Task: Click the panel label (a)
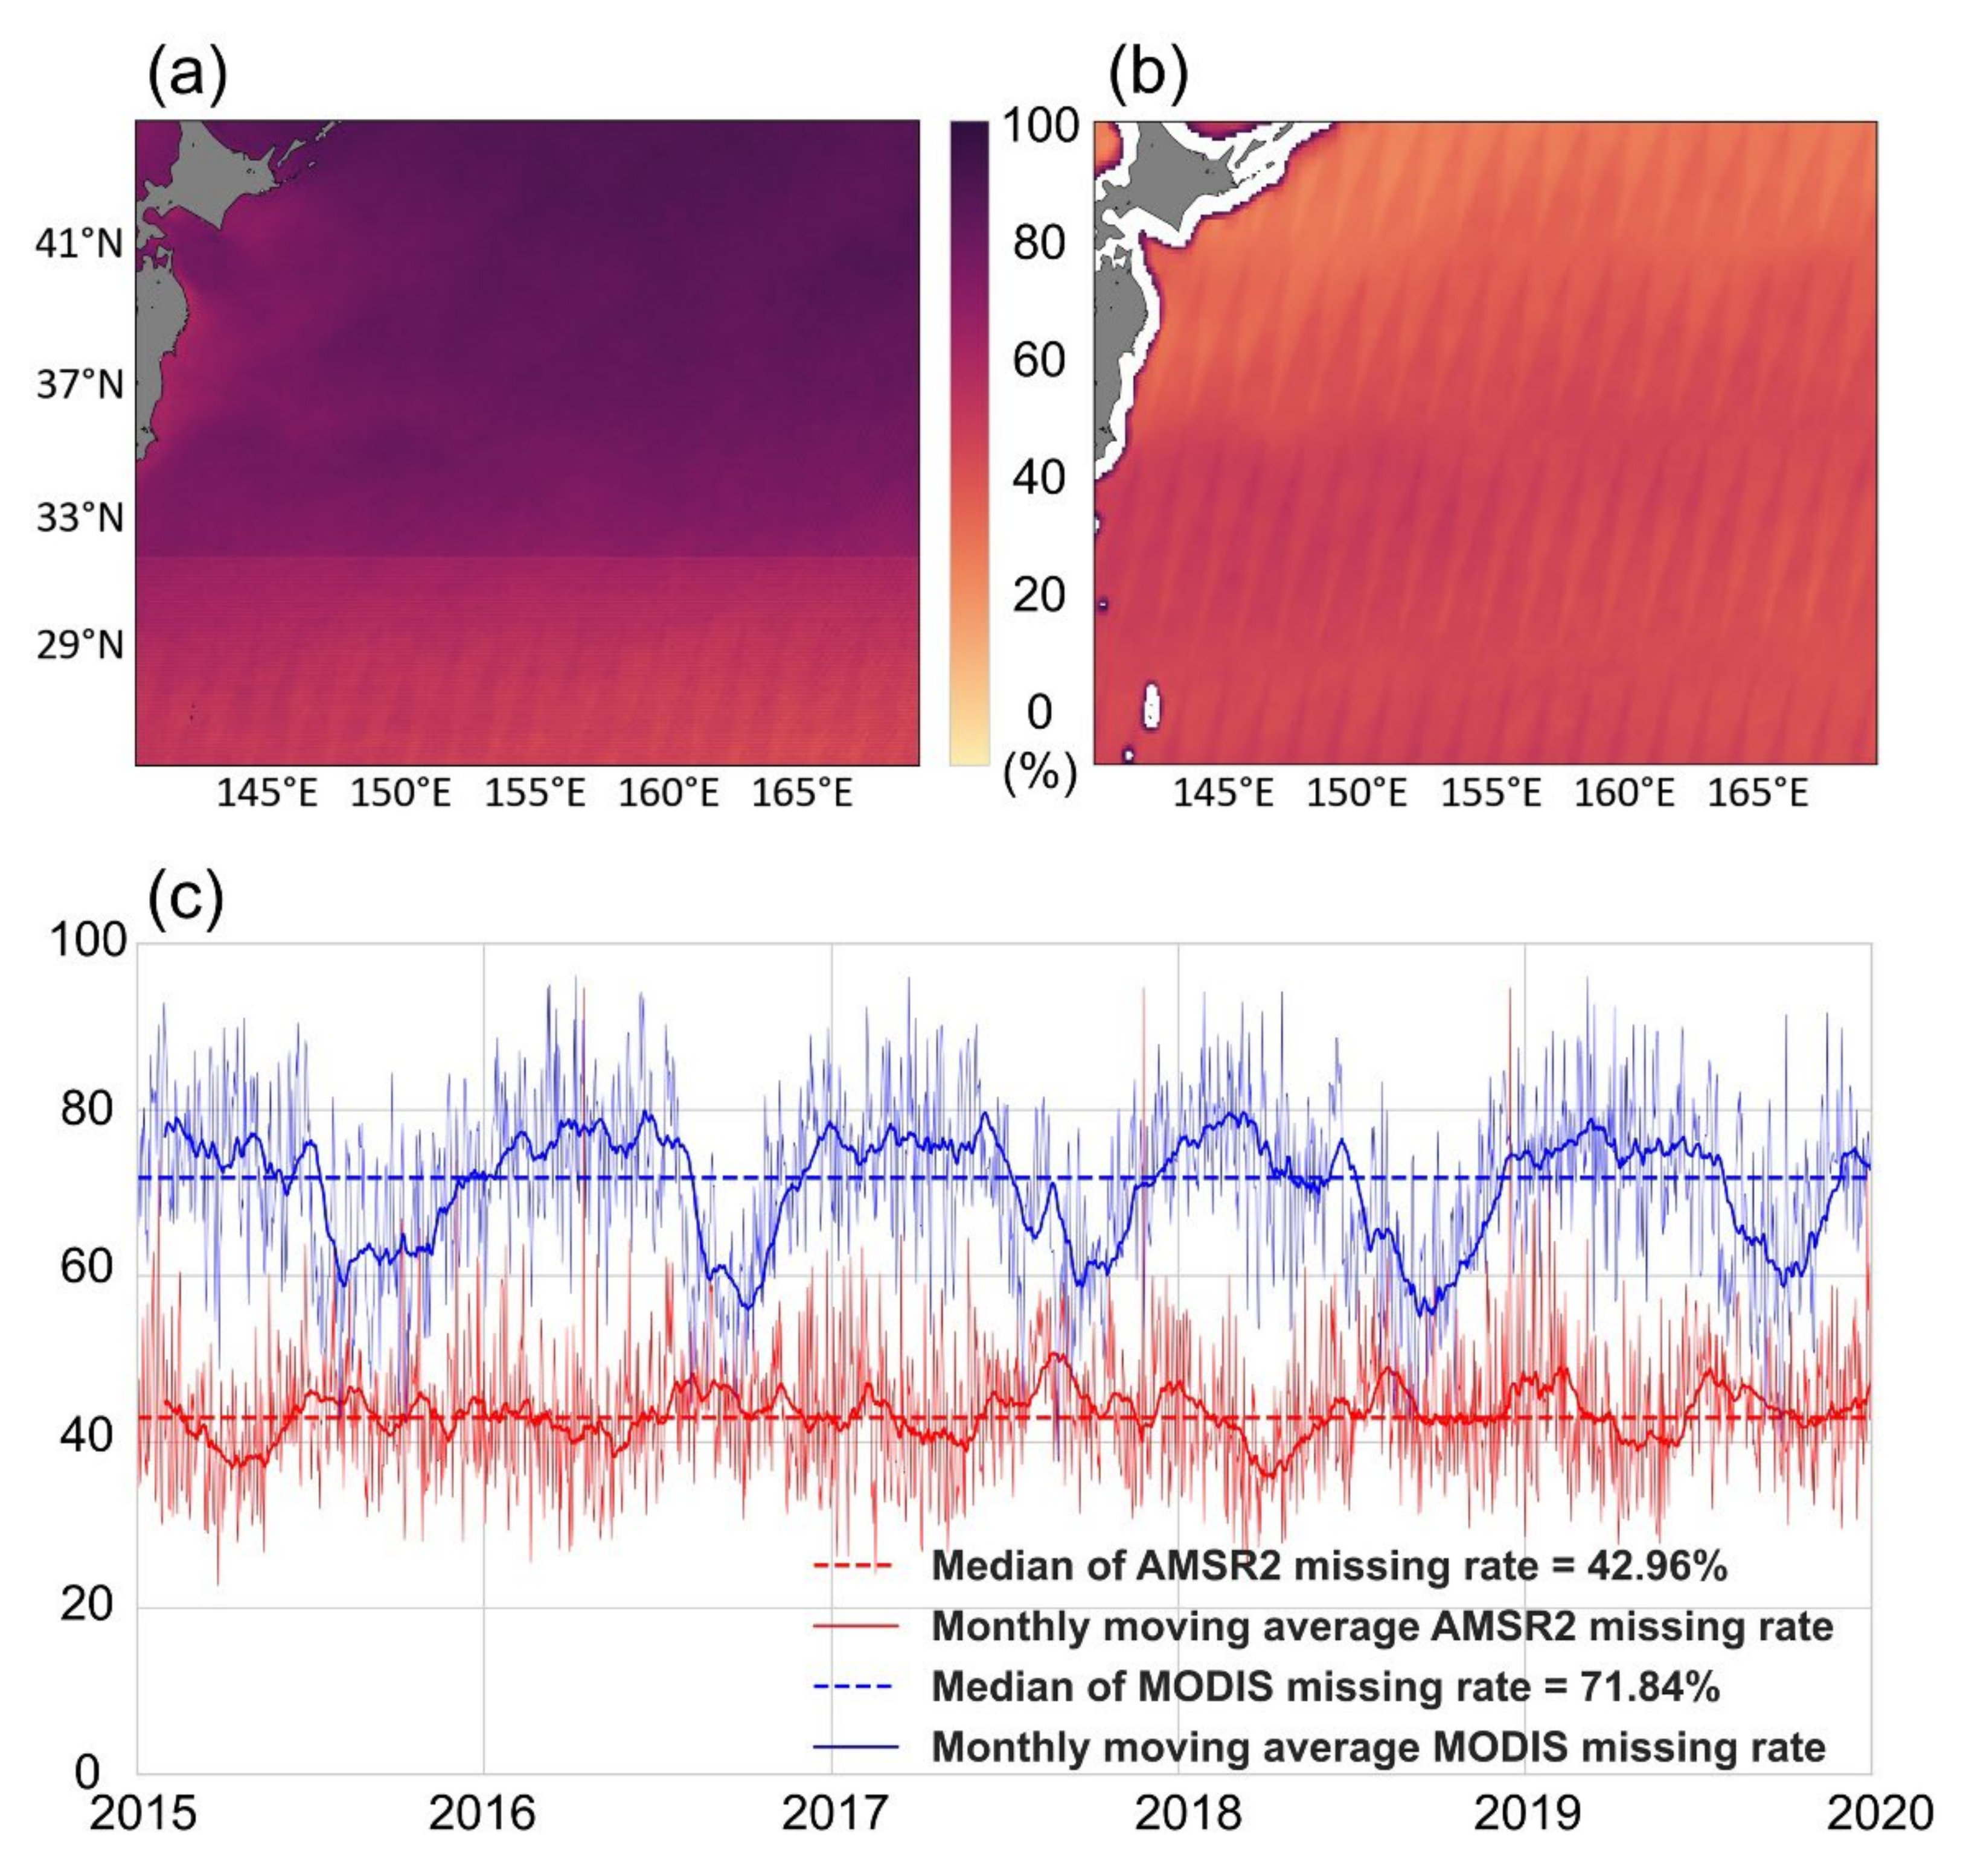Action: coord(187,75)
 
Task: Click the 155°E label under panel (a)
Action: coord(535,793)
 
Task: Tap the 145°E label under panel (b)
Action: coord(1223,793)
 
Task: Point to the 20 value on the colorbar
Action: coord(1039,596)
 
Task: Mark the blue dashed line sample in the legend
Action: coord(855,1687)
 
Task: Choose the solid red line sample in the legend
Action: coord(855,1627)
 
